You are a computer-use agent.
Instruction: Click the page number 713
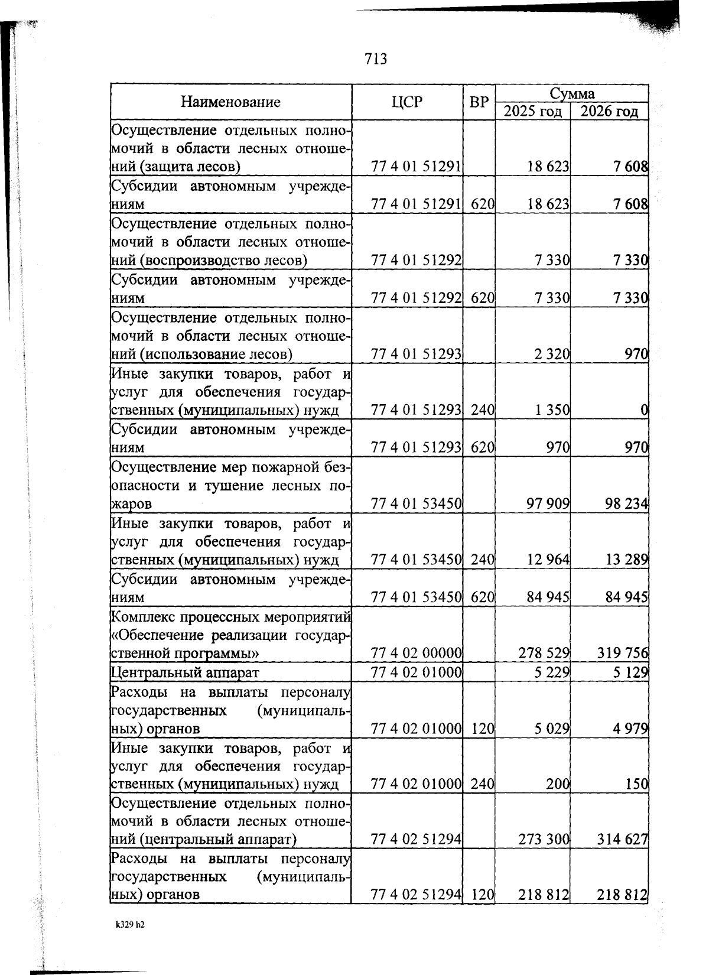(x=376, y=59)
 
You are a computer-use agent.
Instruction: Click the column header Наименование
(x=230, y=102)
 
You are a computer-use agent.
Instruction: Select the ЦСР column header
(x=407, y=102)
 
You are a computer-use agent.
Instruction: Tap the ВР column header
(x=479, y=102)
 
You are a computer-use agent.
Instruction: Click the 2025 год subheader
(x=532, y=112)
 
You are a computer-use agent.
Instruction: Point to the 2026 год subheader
(x=610, y=112)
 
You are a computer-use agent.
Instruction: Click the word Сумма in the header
(x=571, y=93)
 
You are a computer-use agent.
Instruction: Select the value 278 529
(x=544, y=653)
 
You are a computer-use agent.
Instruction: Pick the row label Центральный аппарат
(x=185, y=672)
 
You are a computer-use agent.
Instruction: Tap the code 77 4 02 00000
(x=416, y=653)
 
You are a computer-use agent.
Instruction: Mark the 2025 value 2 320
(x=552, y=355)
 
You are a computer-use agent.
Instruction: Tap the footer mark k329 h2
(x=130, y=925)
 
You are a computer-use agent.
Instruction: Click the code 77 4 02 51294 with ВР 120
(x=416, y=895)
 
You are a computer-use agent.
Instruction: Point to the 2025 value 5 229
(x=552, y=672)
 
